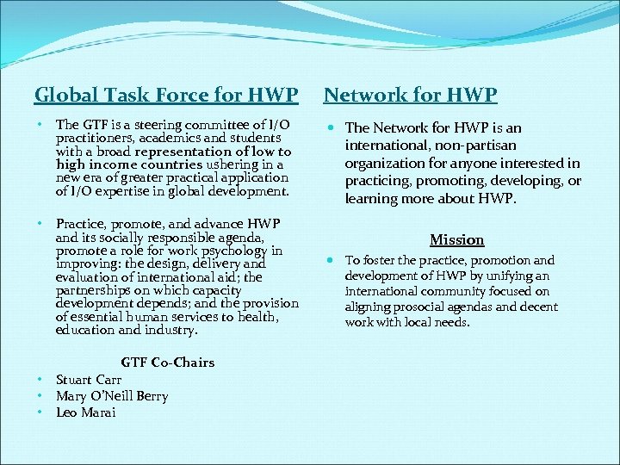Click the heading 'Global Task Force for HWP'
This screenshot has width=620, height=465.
[166, 94]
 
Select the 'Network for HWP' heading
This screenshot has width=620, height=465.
[411, 94]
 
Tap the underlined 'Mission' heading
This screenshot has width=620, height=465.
[457, 239]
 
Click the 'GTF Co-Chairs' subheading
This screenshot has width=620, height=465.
[168, 362]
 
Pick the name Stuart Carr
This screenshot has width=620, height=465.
[89, 380]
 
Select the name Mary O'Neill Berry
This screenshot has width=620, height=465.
[112, 396]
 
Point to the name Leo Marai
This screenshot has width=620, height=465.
[85, 412]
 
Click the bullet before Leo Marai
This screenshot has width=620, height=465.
[40, 412]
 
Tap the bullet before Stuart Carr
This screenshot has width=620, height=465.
[40, 380]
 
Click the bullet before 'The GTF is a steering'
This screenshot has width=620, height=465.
[40, 126]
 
